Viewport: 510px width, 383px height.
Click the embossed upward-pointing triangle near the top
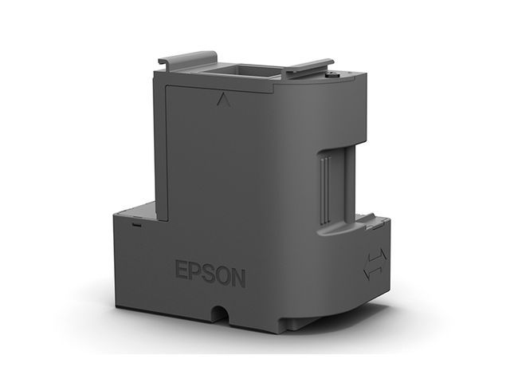[x=221, y=101]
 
